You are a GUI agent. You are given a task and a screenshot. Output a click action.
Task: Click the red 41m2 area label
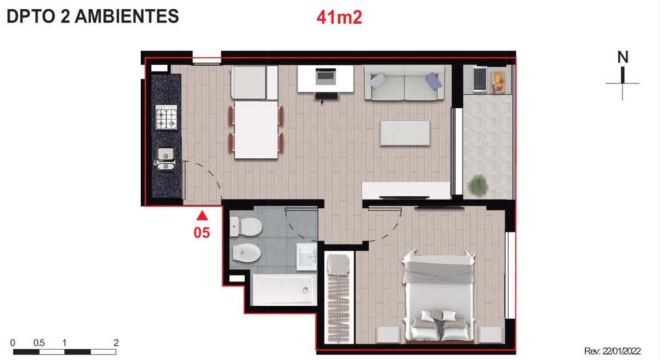pos(339,18)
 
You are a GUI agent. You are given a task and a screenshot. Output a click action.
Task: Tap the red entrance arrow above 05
pos(202,215)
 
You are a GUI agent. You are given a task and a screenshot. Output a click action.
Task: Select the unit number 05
pos(202,233)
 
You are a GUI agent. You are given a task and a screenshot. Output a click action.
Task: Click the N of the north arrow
pos(623,57)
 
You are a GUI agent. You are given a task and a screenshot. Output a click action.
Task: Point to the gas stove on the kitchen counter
pos(166,117)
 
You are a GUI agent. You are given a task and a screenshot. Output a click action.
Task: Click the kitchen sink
pos(166,158)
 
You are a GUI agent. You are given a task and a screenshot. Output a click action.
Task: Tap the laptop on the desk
pos(325,76)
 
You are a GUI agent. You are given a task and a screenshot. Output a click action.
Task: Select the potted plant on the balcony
pos(477,185)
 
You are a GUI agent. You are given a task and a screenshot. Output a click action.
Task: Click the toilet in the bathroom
pos(246,227)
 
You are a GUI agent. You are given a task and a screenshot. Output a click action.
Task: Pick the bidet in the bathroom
pos(246,253)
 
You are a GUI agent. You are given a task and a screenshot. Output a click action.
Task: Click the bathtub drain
pos(305,290)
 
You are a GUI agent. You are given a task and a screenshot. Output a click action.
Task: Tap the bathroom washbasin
pos(307,256)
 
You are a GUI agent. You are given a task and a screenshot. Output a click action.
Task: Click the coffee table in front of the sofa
pos(405,133)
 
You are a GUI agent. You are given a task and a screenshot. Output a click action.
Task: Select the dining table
pos(256,130)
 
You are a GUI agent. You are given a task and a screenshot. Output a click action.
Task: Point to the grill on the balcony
pos(480,79)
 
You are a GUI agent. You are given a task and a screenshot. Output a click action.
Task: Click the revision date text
pos(613,351)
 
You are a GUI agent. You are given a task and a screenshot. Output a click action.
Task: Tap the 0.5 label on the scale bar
pos(39,342)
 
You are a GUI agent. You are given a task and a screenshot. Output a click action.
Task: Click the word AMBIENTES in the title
pos(127,16)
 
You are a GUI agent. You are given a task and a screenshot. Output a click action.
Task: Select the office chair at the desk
pos(327,97)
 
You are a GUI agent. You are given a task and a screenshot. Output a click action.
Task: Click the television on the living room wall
pos(404,197)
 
